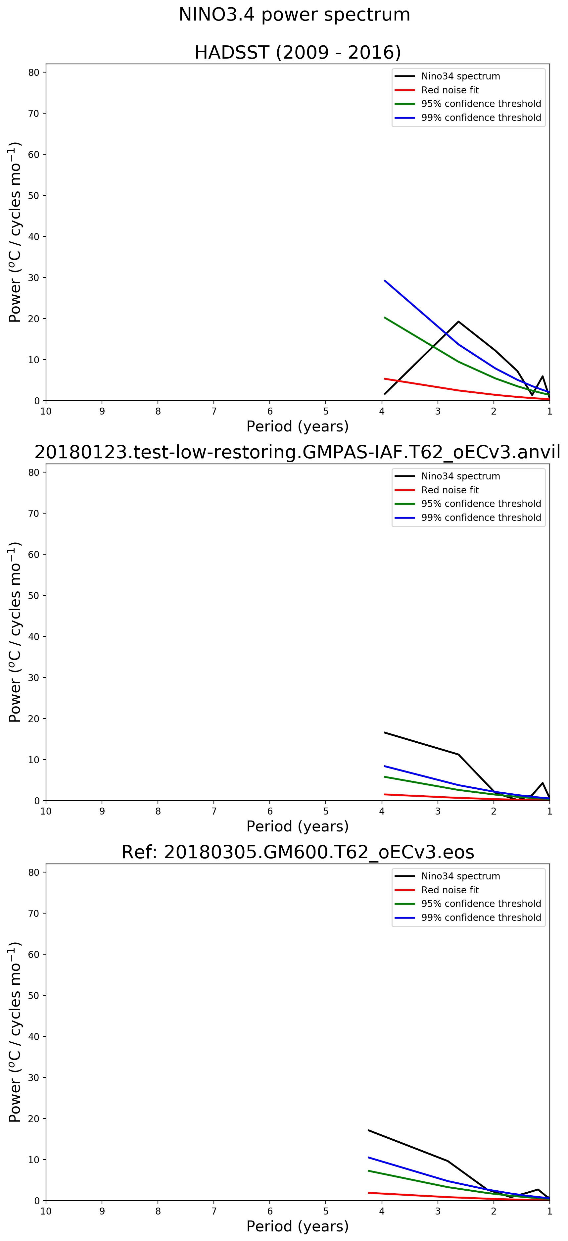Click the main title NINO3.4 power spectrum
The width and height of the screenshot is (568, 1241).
tap(294, 15)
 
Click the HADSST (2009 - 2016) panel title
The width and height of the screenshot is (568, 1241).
tap(297, 52)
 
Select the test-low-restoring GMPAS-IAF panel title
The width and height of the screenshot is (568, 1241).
tap(297, 452)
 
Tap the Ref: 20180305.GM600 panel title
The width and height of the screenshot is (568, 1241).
tap(297, 852)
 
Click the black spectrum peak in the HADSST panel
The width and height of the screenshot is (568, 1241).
tap(458, 321)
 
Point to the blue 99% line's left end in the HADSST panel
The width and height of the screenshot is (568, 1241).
tap(384, 280)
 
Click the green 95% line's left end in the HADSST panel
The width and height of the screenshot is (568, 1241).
tap(384, 318)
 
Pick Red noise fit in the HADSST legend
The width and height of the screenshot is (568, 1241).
tap(450, 90)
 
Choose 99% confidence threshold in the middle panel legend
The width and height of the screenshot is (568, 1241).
tap(481, 518)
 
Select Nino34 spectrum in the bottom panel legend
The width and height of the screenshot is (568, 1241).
tap(460, 876)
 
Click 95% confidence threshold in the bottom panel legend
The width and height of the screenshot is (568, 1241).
tap(481, 904)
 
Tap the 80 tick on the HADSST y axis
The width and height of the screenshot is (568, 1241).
tap(34, 72)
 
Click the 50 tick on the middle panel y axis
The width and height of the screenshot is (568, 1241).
tap(34, 595)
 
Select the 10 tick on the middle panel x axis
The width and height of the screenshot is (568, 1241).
tap(46, 811)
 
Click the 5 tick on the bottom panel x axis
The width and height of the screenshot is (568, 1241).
tap(326, 1211)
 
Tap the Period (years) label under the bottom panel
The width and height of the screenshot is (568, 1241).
tap(297, 1226)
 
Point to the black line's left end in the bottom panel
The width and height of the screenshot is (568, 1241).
tap(368, 1130)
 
